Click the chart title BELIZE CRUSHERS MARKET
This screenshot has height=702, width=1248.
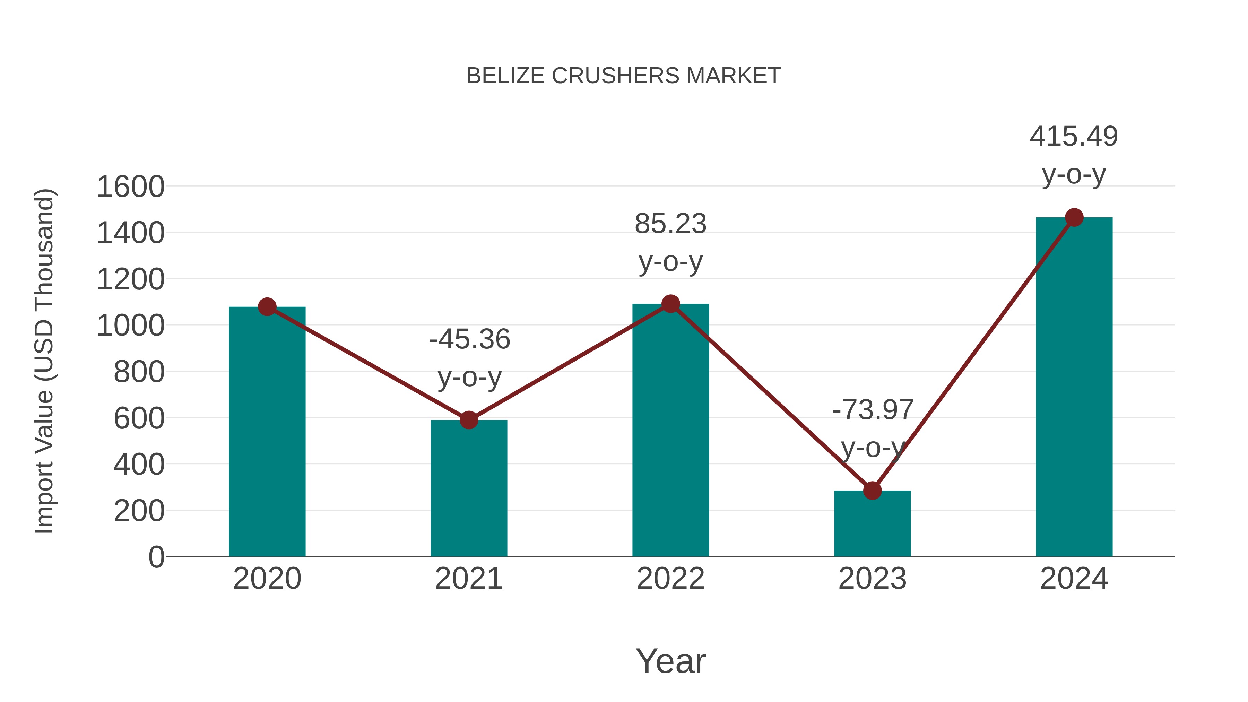624,76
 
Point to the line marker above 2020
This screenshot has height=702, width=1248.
267,307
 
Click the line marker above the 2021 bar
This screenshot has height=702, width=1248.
468,420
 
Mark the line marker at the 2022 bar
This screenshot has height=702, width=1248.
670,304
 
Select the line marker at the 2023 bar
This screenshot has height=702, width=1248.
872,491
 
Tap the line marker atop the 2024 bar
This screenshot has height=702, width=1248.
1074,217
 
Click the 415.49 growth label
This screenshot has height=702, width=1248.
1074,136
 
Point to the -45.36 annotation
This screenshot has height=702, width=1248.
469,339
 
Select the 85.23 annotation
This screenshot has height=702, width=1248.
670,224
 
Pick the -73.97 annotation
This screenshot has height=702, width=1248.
873,410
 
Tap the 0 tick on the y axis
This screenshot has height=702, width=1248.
156,557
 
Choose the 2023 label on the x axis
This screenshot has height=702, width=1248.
872,579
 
